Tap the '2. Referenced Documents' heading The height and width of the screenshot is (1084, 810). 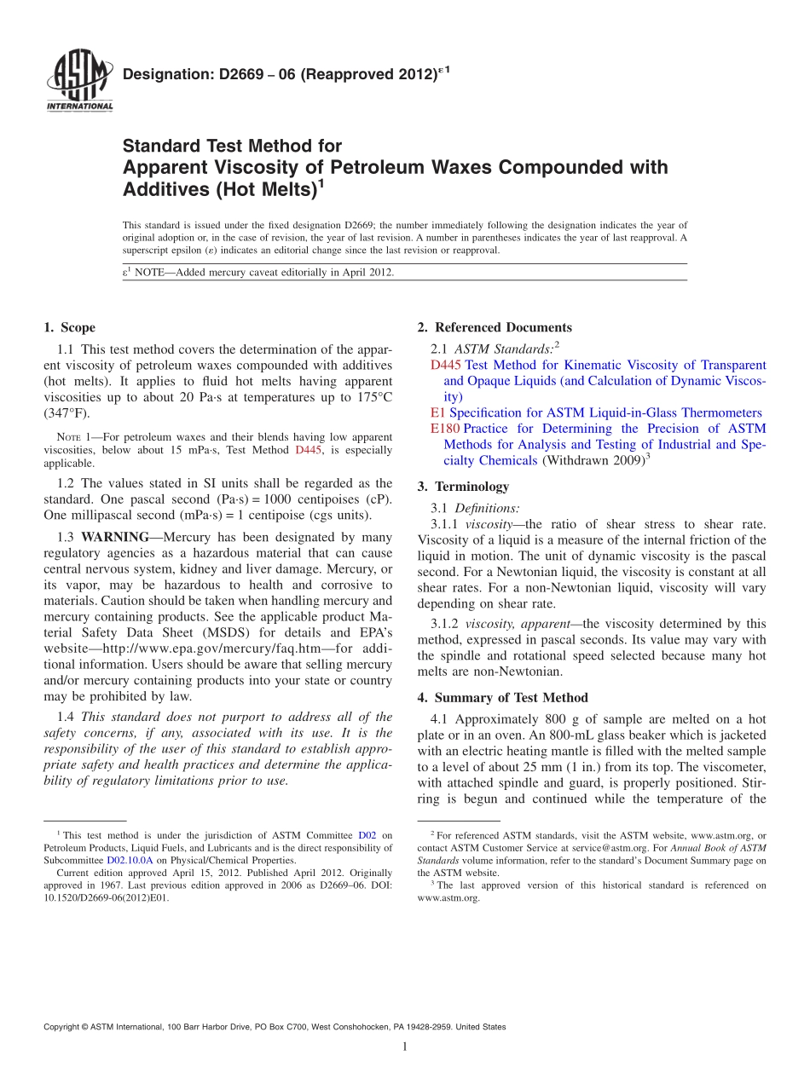coord(495,327)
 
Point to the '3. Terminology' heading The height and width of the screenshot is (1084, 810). coord(463,487)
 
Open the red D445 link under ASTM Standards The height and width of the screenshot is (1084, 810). coord(446,365)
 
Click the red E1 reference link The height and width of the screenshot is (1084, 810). coord(438,412)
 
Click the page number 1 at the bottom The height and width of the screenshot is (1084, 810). coord(405,1047)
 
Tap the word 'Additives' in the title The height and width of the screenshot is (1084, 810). coord(165,189)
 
